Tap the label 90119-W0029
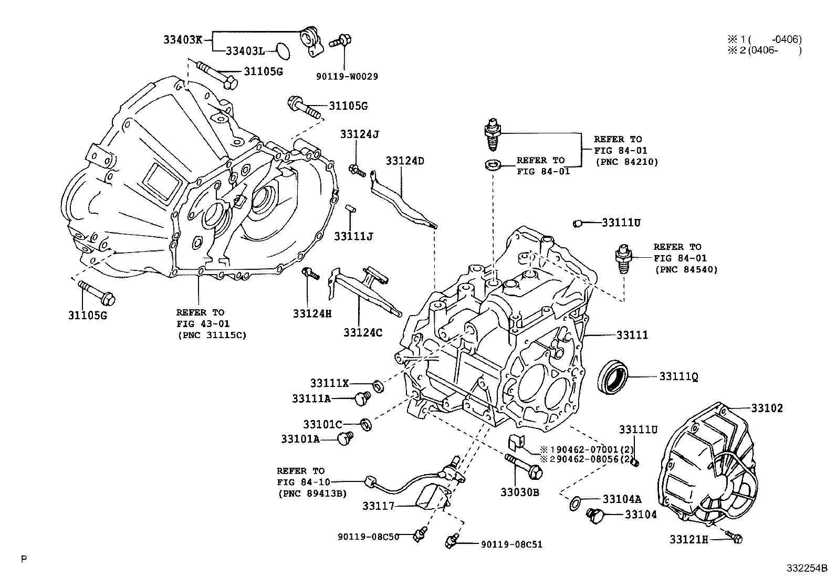pos(347,76)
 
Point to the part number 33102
pos(766,408)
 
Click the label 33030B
pos(519,492)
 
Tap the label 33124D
pos(405,161)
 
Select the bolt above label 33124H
pos(310,274)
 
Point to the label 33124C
pos(363,332)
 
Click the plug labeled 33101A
pos(345,437)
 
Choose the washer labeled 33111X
pos(378,387)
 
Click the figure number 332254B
pos(807,568)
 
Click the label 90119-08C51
pos(511,544)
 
